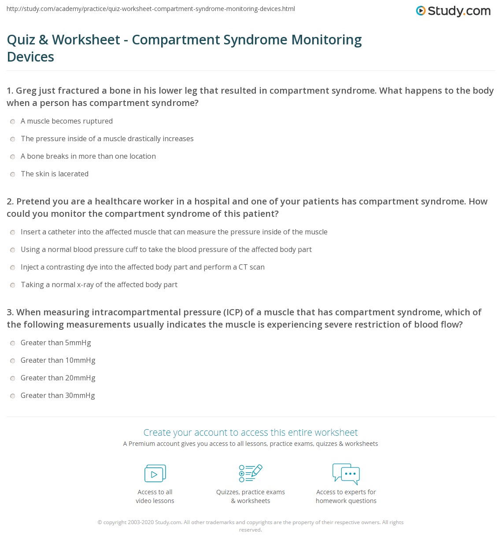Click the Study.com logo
(453, 11)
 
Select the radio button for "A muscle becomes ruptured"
(13, 122)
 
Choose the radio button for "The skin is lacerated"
(13, 175)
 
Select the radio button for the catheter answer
(13, 233)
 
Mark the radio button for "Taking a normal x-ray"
(13, 285)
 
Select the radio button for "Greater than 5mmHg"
(13, 343)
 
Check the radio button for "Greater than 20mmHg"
(13, 379)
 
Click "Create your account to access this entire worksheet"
(251, 432)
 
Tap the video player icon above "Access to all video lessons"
(155, 474)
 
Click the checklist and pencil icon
(251, 473)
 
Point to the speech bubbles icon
(346, 474)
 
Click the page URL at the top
(151, 9)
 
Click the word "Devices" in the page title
(30, 57)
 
